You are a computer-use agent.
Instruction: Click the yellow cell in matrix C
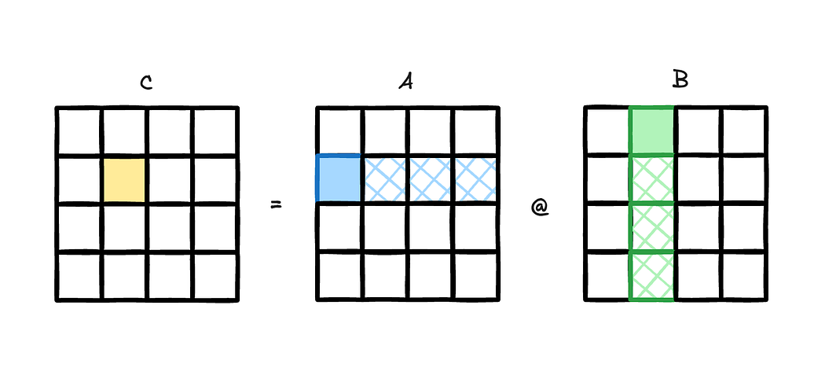pos(123,180)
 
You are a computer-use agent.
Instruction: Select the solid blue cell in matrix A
pos(339,178)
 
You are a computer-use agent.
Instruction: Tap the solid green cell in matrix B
pos(651,131)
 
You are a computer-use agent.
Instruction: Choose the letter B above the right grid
pos(680,80)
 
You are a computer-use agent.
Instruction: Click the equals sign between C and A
pos(276,205)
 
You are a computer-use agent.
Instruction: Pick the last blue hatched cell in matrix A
pos(475,178)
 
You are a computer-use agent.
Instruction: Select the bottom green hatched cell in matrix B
pos(651,276)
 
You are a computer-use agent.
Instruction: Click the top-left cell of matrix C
pos(79,131)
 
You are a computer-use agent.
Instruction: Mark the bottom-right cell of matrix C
pos(214,276)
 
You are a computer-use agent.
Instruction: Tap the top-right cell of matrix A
pos(475,131)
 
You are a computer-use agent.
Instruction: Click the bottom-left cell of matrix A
pos(339,276)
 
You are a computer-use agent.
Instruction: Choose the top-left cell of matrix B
pos(607,131)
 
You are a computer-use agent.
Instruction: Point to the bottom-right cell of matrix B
pos(743,276)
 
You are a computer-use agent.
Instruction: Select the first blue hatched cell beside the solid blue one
pos(385,178)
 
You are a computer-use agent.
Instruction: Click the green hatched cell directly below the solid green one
pos(651,179)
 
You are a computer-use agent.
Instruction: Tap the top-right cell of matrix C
pos(214,131)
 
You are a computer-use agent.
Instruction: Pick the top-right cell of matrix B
pos(743,131)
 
